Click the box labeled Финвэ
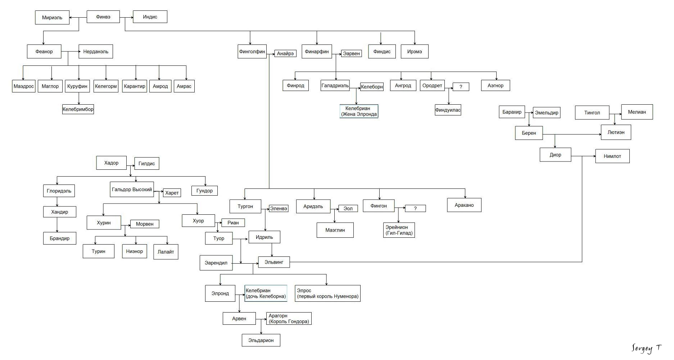[103, 17]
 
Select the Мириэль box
[52, 18]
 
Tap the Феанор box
[44, 51]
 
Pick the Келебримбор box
[78, 109]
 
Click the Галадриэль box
[335, 86]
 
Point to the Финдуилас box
[448, 110]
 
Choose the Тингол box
[592, 113]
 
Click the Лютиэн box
[616, 132]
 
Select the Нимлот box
[612, 156]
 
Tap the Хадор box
[111, 163]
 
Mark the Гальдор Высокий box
[132, 190]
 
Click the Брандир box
[60, 238]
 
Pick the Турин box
[98, 251]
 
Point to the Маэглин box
[335, 230]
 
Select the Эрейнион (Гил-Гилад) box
[399, 230]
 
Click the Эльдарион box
[261, 340]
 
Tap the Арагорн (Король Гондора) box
[289, 319]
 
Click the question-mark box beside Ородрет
[461, 87]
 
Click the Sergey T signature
[647, 348]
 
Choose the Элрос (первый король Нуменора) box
[327, 293]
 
